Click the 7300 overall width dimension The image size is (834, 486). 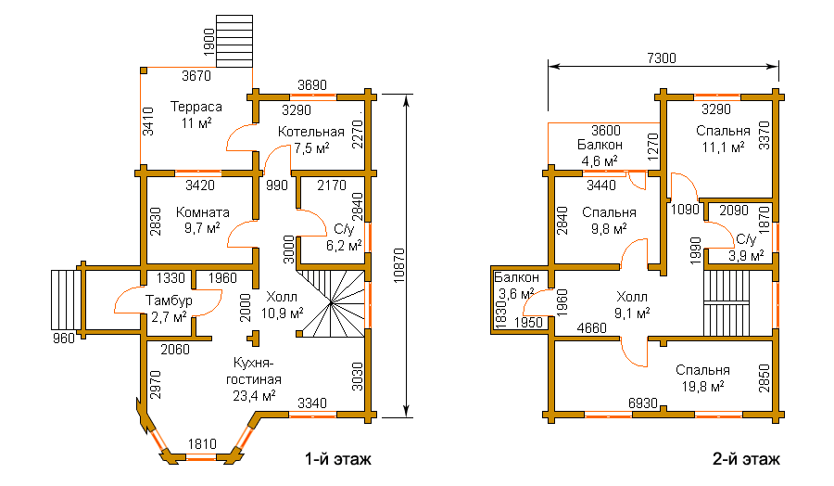click(662, 58)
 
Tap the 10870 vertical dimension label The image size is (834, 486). click(399, 265)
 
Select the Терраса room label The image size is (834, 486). click(196, 107)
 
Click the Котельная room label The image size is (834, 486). click(311, 132)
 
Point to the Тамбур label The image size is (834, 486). click(170, 301)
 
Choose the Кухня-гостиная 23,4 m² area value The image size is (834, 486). click(254, 395)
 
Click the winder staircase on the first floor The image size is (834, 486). click(331, 303)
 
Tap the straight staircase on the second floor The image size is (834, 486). click(727, 302)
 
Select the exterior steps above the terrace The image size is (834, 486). click(234, 41)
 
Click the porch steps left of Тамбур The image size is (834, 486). click(65, 300)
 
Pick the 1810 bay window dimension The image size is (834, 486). click(202, 444)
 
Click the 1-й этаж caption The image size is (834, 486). click(337, 459)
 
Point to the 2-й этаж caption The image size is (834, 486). click(746, 459)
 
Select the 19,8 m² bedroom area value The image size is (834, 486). click(702, 387)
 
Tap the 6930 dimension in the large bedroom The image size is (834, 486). click(643, 403)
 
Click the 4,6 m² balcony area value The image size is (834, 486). click(600, 160)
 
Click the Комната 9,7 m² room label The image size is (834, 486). click(203, 221)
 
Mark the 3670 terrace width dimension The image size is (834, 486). click(196, 76)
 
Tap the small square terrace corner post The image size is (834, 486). click(144, 70)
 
